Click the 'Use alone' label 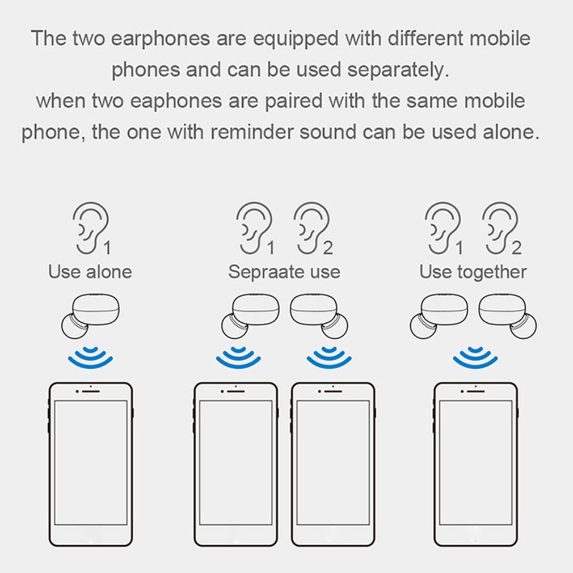[x=90, y=272]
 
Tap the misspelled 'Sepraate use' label [x=284, y=272]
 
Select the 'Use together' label [x=473, y=272]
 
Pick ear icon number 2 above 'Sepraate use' [x=311, y=227]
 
